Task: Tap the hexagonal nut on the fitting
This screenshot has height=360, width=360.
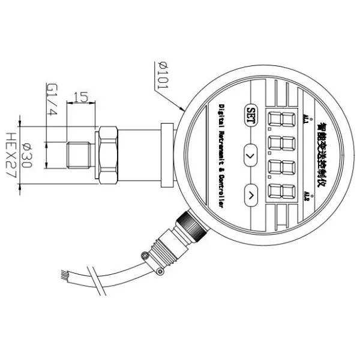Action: point(108,155)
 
